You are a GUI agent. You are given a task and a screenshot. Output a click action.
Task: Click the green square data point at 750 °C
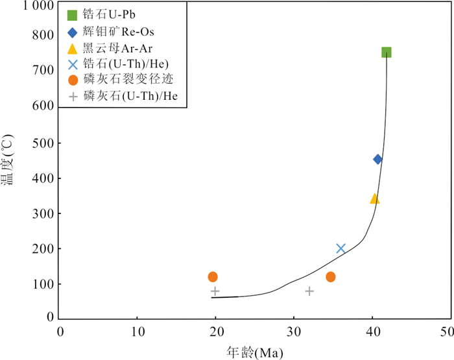387,53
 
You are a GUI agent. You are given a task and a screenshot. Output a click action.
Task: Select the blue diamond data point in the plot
377,160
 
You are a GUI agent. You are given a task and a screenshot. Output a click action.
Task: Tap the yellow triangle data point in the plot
374,198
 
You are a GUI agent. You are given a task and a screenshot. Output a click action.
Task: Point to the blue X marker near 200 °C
340,248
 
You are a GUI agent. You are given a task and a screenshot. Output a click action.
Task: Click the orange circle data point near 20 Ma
213,277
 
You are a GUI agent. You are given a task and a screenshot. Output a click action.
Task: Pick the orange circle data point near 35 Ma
331,277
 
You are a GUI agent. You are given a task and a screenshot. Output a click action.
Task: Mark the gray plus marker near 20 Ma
215,291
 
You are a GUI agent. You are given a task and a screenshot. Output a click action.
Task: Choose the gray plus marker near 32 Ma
309,291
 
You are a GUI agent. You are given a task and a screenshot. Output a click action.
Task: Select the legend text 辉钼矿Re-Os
121,30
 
